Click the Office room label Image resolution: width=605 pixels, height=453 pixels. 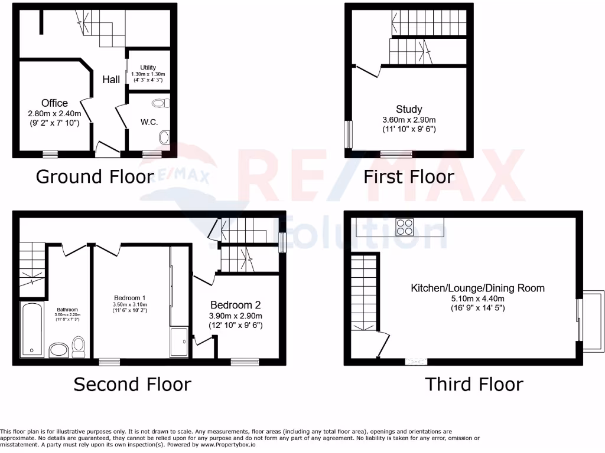pos(54,103)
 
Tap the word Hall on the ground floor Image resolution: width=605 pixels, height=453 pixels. pos(111,80)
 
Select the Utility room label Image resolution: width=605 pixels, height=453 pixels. pos(148,68)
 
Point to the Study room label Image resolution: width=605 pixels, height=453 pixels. pos(409,109)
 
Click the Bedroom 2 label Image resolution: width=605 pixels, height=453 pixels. pos(236,305)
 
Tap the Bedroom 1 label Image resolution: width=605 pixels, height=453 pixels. pos(129,297)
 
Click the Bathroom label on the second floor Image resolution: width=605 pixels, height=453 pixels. pos(67,310)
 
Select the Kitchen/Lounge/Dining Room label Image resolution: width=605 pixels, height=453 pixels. pos(477,288)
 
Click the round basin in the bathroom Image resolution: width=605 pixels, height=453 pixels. pos(58,350)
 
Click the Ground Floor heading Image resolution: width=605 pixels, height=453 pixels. pos(95,176)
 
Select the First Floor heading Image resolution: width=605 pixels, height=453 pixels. pos(408,176)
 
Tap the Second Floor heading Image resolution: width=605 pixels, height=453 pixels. pos(132,385)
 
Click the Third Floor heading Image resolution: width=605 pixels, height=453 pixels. pos(474,385)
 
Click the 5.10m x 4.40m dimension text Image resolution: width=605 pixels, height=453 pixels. pos(477,298)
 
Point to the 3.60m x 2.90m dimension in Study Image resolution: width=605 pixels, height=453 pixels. pos(409,119)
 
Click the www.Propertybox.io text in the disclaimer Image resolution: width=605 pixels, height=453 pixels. pos(227,445)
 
